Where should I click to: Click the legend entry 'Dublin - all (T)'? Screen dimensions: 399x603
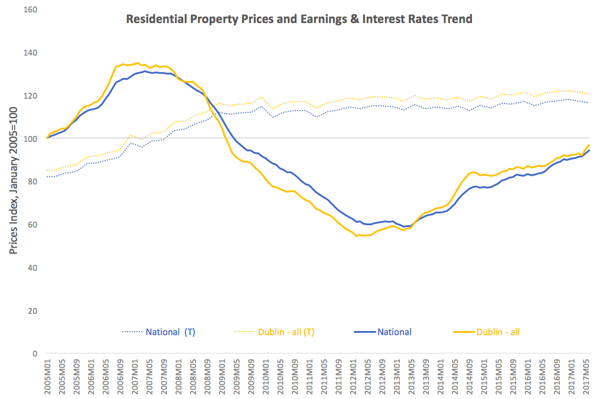coord(286,332)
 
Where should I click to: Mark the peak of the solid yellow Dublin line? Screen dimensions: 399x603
coord(138,63)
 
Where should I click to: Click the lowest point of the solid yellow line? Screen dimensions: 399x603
coord(357,236)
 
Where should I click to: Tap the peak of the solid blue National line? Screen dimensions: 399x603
coord(145,71)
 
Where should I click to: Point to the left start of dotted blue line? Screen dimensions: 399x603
coord(47,177)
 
